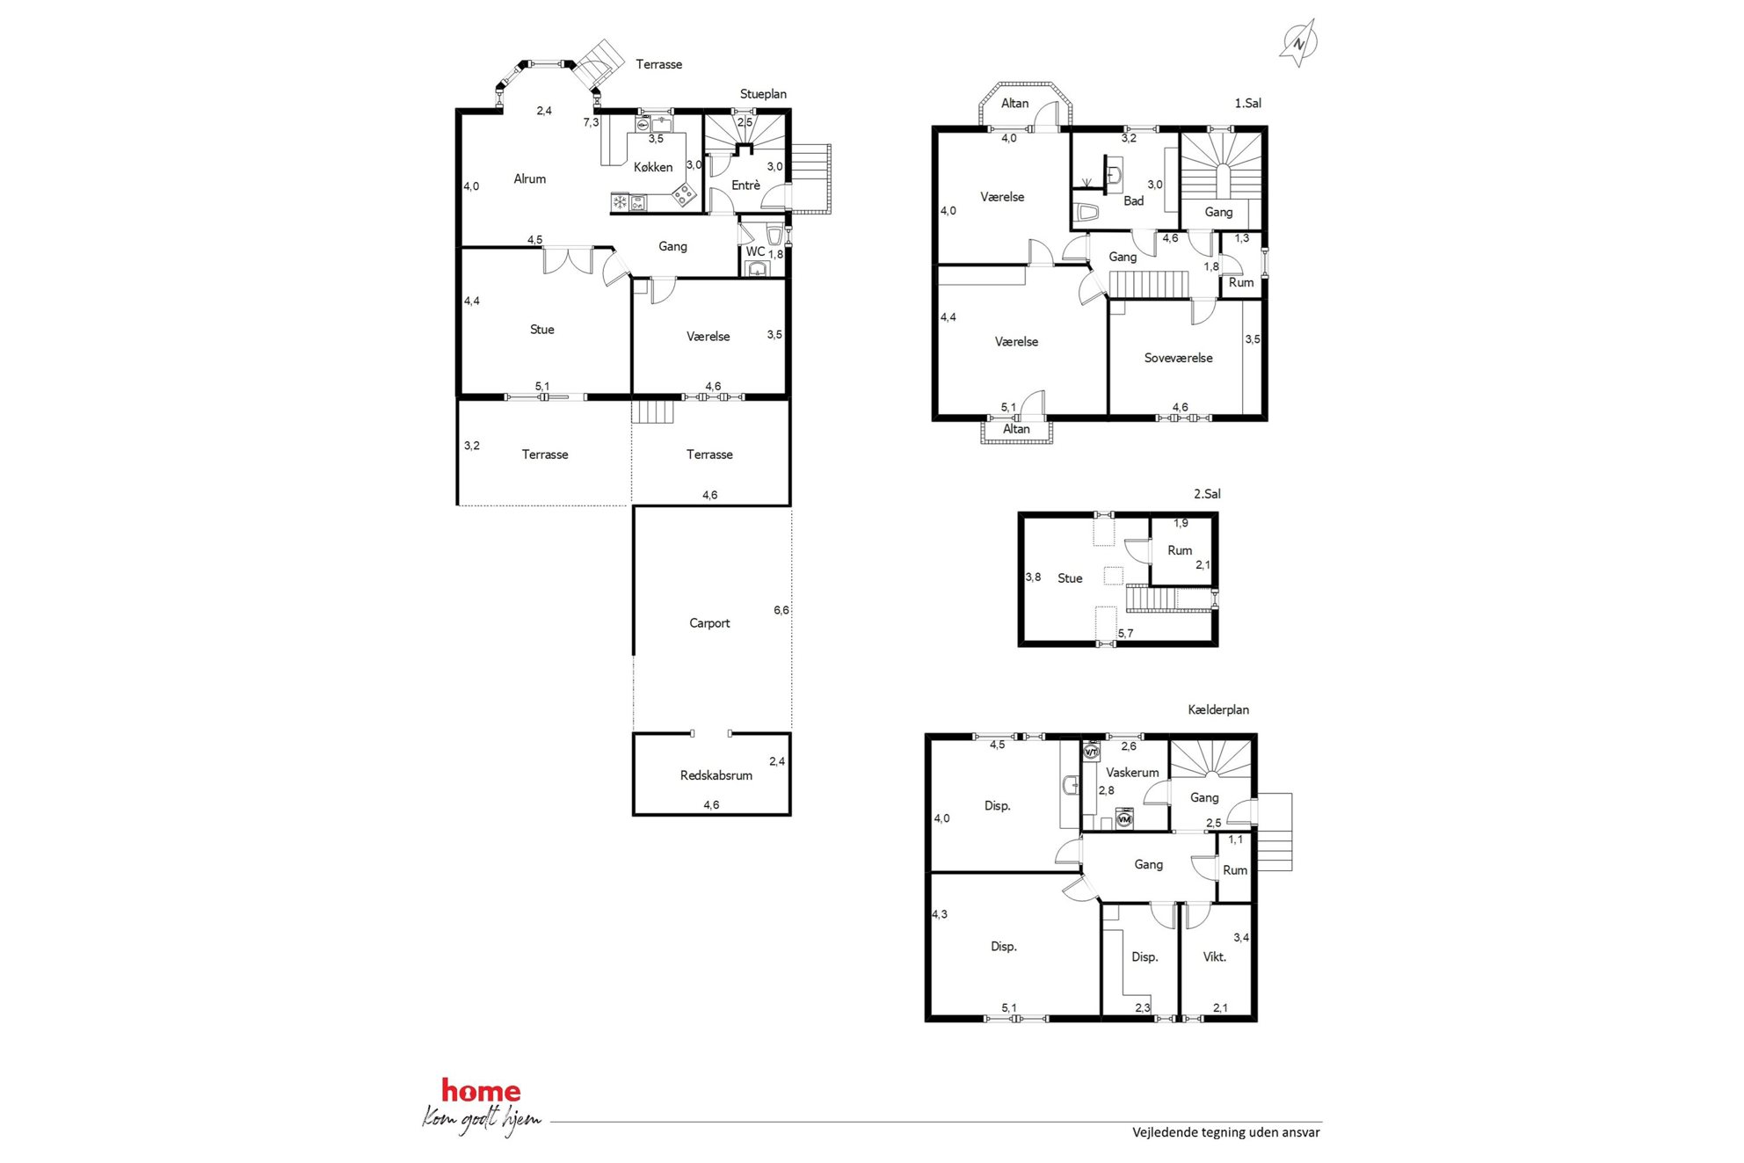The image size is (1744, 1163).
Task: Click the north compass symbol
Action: coord(1298,42)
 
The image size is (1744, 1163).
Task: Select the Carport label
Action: coord(709,623)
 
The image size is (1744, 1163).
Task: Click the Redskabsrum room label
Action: coord(716,775)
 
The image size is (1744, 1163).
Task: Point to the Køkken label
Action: coord(653,167)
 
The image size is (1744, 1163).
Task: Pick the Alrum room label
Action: coord(530,178)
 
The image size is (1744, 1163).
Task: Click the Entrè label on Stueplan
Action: coord(746,185)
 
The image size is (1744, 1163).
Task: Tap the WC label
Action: coord(755,251)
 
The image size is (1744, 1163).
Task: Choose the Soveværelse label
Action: coord(1179,358)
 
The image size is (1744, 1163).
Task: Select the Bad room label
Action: coord(1134,201)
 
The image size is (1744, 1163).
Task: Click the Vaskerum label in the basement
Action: coord(1132,773)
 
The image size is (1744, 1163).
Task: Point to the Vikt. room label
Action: coord(1215,957)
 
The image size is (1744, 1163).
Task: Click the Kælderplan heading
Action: coord(1218,709)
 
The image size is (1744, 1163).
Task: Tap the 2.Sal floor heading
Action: coord(1207,494)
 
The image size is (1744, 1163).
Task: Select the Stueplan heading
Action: coord(763,94)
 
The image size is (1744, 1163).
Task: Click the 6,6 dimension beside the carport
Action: coord(781,610)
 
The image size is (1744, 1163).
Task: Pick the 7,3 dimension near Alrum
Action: coord(591,122)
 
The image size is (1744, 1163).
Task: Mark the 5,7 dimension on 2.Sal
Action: coord(1125,633)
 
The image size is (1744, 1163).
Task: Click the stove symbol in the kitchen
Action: coord(683,195)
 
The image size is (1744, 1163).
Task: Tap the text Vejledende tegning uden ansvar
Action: coord(1226,1132)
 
